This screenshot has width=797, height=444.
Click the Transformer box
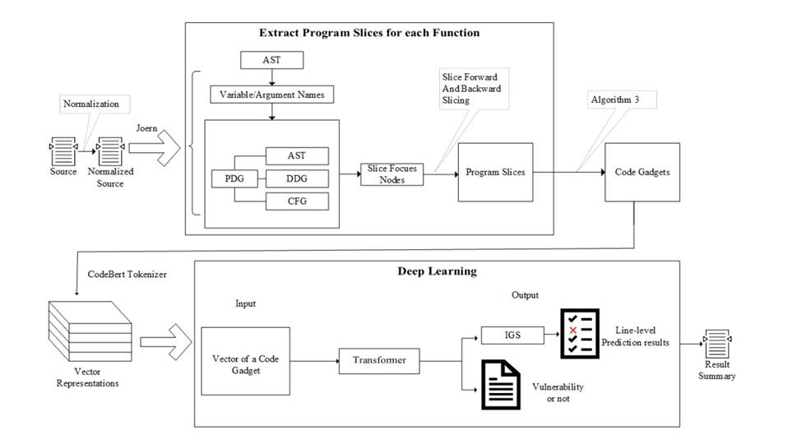pos(379,360)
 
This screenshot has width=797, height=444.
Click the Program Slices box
pos(495,172)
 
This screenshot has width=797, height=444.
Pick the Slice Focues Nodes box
pos(392,173)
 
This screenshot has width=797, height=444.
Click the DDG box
pos(296,178)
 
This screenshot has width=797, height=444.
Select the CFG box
pos(296,201)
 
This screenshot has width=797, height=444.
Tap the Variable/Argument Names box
pos(272,95)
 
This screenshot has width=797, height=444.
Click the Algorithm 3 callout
pos(613,99)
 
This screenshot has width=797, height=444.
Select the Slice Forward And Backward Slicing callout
pos(471,88)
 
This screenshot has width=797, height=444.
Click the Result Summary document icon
pos(718,340)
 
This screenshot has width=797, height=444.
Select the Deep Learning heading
pos(437,271)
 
